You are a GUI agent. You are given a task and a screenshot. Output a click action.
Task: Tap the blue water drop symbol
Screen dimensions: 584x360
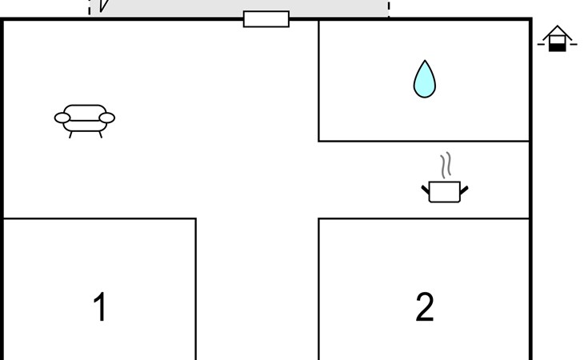point(425,79)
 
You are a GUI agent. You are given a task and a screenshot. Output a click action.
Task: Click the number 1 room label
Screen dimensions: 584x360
point(100,306)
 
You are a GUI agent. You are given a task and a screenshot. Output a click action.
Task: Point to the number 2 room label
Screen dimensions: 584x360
point(425,306)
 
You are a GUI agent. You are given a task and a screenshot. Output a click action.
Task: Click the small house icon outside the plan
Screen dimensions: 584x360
point(557,38)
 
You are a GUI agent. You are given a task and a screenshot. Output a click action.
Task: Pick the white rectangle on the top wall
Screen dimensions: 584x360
point(266,19)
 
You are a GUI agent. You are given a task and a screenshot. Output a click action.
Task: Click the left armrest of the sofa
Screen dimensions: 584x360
point(62,118)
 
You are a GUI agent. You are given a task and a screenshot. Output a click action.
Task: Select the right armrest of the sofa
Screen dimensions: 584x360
point(107,118)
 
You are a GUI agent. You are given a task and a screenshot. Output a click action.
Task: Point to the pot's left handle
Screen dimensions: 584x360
point(426,190)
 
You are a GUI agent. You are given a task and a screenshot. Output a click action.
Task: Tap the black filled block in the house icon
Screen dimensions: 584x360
point(557,47)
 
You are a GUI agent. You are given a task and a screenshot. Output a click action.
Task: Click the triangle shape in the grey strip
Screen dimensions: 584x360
point(103,6)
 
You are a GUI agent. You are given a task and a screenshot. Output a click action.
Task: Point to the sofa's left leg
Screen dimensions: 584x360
point(70,134)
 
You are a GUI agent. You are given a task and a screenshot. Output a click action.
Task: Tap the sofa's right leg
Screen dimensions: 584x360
point(100,134)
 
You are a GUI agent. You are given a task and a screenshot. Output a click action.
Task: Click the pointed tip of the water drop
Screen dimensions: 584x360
point(425,60)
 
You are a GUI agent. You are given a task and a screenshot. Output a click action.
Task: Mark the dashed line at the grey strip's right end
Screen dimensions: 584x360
point(389,8)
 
